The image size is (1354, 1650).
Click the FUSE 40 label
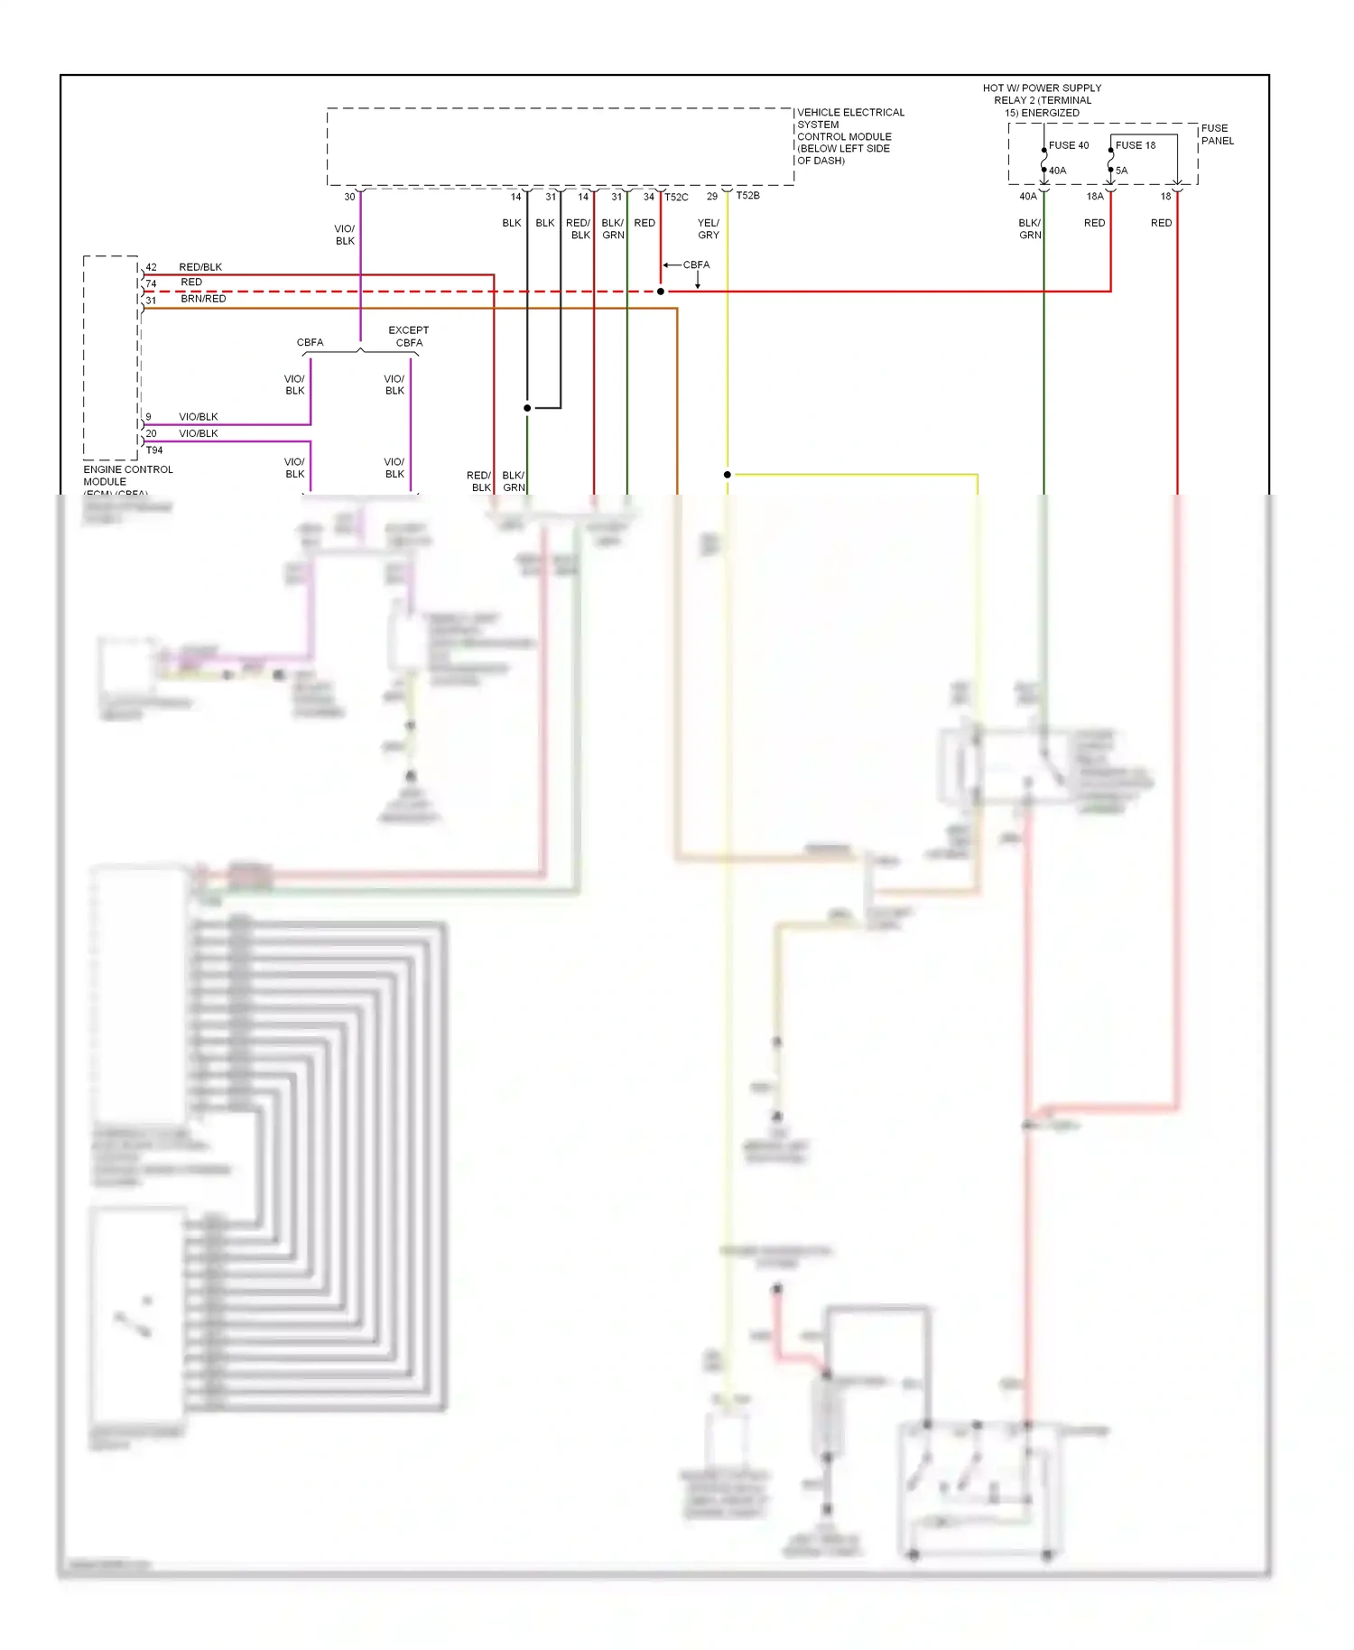point(1068,145)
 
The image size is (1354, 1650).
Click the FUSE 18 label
point(1135,145)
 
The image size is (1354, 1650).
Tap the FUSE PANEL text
point(1217,134)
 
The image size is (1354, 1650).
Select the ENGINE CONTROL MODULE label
point(127,476)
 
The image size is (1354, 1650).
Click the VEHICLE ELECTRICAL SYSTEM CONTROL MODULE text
point(849,136)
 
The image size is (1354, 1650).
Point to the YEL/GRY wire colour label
point(709,228)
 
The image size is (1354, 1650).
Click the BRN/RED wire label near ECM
point(203,299)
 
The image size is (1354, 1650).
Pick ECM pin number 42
point(151,267)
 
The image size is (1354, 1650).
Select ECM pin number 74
point(151,283)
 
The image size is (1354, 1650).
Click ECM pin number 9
point(148,417)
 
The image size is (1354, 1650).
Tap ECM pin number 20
point(151,433)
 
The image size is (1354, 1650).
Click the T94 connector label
point(154,450)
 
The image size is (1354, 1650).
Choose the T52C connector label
point(676,197)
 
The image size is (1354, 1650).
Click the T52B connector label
point(747,196)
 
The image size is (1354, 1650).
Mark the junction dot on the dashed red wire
point(661,292)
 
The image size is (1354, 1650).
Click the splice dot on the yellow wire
point(728,475)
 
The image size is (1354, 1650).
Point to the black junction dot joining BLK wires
point(527,408)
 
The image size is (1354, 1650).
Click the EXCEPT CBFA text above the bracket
point(409,337)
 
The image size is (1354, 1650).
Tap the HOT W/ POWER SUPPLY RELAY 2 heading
point(1042,100)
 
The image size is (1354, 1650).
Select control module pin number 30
point(349,197)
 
